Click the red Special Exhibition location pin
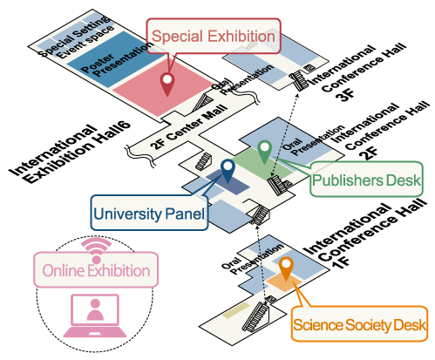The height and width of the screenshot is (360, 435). click(167, 84)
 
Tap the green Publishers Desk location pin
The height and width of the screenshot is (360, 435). click(264, 152)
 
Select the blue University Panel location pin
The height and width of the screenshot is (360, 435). click(228, 171)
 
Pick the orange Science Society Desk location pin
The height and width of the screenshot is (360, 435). click(286, 268)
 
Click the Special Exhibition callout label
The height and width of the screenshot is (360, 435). click(214, 36)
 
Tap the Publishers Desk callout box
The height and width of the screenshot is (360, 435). click(367, 180)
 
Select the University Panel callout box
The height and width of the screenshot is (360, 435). click(149, 214)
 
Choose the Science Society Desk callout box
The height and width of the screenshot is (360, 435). click(359, 324)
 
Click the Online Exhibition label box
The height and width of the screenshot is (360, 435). click(96, 270)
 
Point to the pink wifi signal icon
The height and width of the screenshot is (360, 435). click(96, 250)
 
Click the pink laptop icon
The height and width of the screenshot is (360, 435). click(95, 316)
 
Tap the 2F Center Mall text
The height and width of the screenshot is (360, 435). click(189, 126)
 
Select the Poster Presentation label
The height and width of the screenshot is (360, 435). click(116, 59)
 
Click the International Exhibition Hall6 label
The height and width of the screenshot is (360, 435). click(70, 153)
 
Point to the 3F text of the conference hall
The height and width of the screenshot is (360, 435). click(345, 94)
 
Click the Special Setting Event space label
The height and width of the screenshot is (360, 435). click(76, 37)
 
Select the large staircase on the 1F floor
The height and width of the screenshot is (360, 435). click(255, 317)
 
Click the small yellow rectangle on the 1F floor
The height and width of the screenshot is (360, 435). click(236, 310)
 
